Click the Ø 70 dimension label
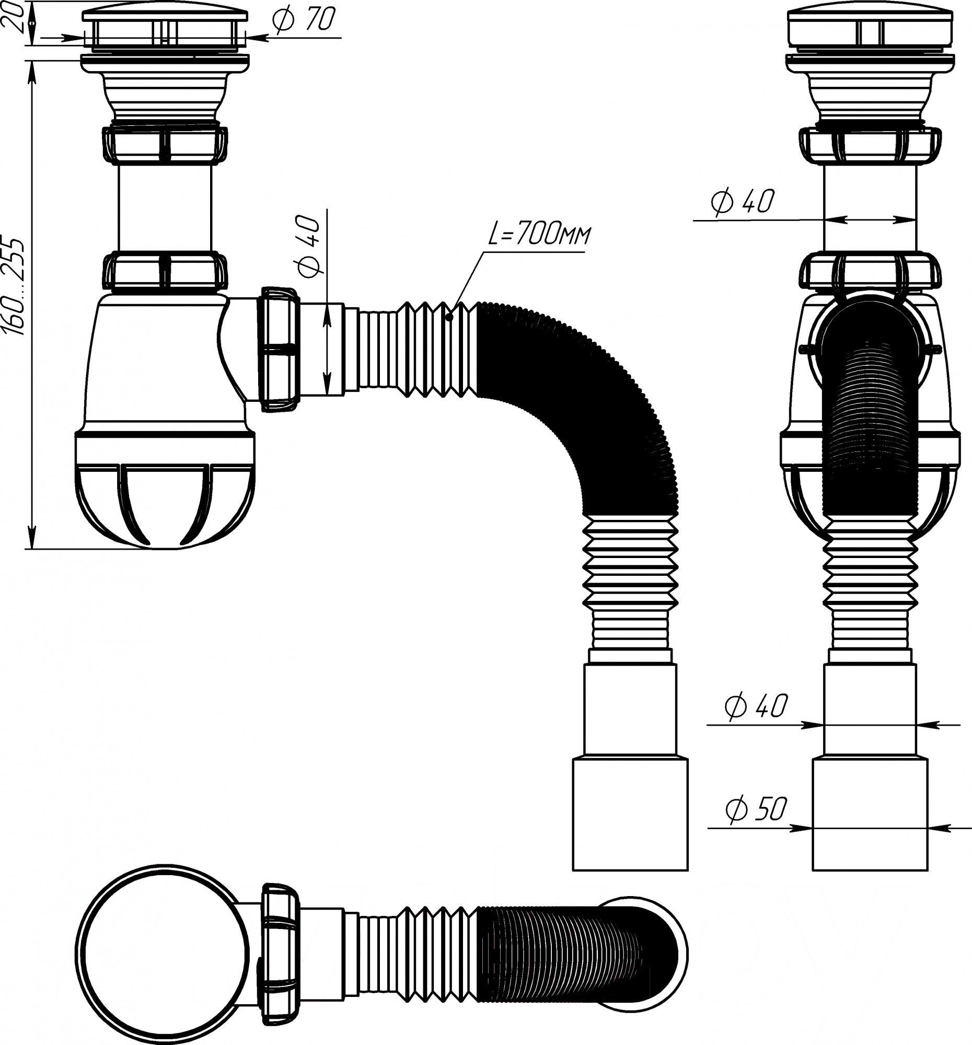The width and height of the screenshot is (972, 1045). point(304,19)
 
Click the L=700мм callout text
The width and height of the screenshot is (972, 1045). point(539,235)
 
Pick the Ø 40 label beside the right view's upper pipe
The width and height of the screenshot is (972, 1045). point(743,201)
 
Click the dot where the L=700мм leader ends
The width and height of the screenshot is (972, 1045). point(449,317)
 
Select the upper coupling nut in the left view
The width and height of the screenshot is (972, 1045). point(165,143)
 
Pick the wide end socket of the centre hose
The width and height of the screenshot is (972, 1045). point(630,813)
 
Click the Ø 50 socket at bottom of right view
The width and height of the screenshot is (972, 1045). point(870,813)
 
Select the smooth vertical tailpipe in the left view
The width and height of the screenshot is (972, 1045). point(165,207)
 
